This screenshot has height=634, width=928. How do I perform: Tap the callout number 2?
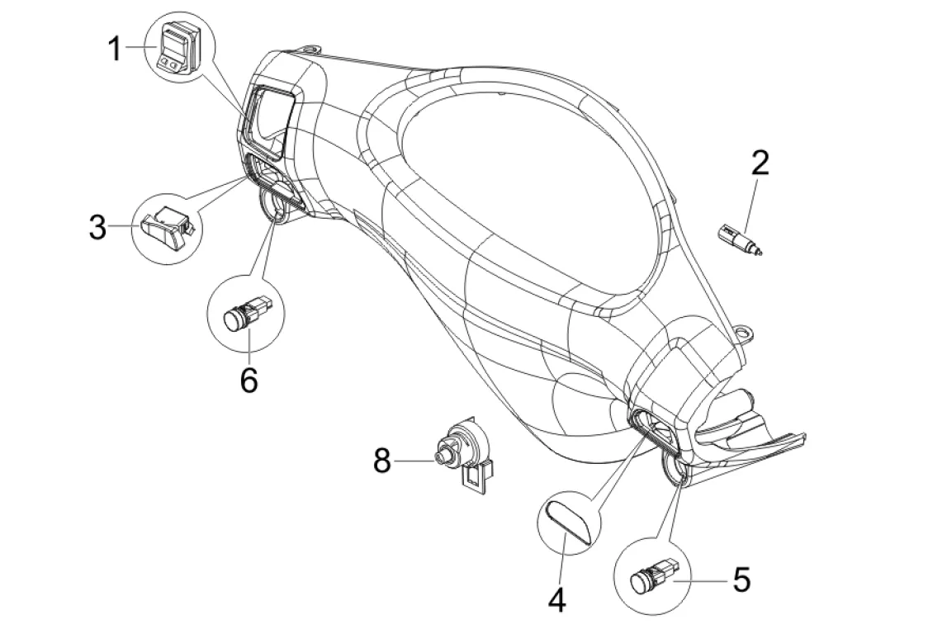(x=760, y=163)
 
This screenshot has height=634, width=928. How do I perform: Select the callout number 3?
(x=98, y=227)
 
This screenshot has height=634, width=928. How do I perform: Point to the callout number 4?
(x=557, y=600)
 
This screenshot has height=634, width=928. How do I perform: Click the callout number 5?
(x=741, y=580)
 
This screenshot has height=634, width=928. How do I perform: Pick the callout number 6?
(x=249, y=380)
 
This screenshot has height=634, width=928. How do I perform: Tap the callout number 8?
(x=383, y=460)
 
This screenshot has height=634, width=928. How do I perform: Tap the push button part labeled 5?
(x=651, y=575)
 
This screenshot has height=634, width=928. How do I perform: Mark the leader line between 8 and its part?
(x=414, y=460)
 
